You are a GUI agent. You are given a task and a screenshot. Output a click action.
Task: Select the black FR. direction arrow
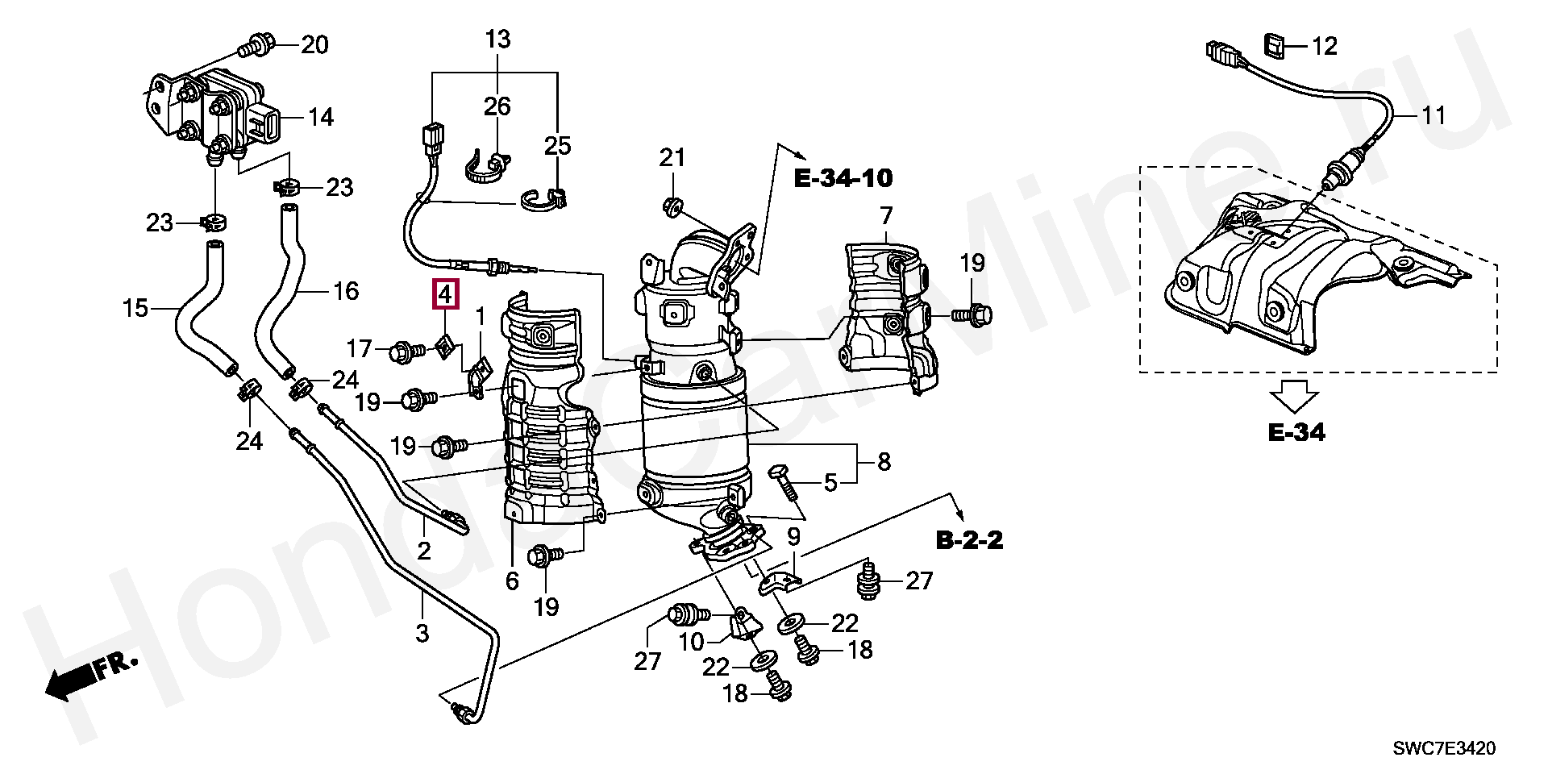click(90, 678)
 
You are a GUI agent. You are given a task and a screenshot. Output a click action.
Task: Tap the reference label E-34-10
click(843, 178)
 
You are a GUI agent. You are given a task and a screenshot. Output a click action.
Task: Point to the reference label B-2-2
click(970, 539)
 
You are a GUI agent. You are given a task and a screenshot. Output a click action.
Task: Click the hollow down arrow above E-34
click(1294, 398)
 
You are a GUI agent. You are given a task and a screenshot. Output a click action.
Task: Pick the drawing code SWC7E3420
click(1444, 749)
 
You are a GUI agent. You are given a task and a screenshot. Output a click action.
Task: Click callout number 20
click(314, 44)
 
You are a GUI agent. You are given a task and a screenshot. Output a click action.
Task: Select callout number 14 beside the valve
click(320, 118)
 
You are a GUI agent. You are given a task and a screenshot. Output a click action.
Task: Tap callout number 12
click(1324, 46)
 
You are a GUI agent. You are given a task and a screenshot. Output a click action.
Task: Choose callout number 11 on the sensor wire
click(1433, 116)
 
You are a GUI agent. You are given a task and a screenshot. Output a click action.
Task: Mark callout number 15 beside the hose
click(136, 307)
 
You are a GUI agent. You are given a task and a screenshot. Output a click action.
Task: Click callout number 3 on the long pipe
click(422, 633)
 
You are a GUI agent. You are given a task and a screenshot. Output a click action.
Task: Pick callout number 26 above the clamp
click(497, 106)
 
